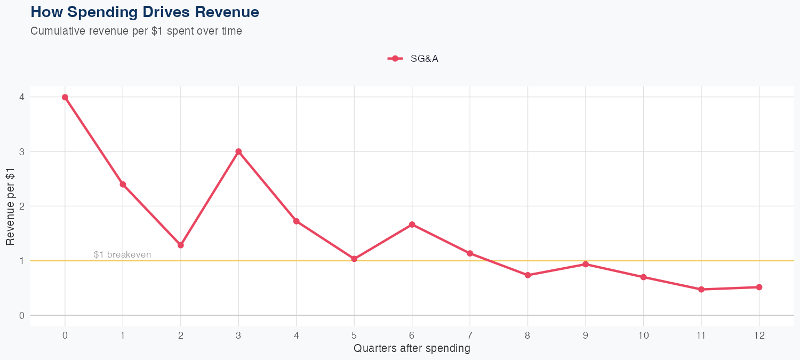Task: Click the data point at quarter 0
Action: [x=65, y=97]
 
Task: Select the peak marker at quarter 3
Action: [x=238, y=151]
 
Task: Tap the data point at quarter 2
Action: [x=181, y=245]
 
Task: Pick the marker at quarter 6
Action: [x=412, y=225]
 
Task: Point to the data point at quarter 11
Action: [x=701, y=290]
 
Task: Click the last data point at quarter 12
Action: [x=759, y=287]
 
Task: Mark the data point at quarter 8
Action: [x=527, y=275]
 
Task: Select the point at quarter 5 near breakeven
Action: [x=354, y=259]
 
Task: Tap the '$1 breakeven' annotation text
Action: [x=122, y=255]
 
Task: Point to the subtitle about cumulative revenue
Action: [x=136, y=31]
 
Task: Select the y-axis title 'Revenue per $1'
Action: [x=10, y=206]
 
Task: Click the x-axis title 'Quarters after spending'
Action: [x=412, y=349]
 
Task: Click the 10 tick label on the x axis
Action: [x=643, y=335]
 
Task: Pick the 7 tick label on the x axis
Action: [x=470, y=335]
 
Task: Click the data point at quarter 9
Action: [x=586, y=264]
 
